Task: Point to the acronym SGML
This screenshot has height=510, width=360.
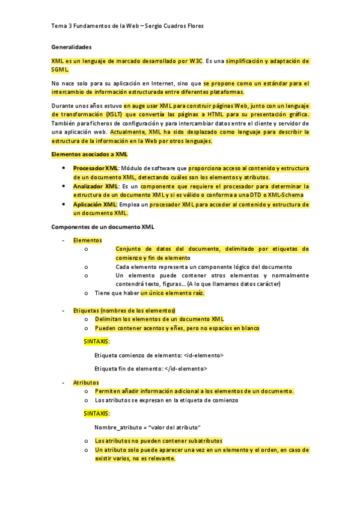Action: pos(60,70)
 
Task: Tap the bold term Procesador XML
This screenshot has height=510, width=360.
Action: pos(95,168)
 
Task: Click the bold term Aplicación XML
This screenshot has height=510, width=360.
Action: pos(95,204)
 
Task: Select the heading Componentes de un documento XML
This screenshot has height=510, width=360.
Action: pos(103,227)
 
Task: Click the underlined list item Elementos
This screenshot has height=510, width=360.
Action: pos(87,240)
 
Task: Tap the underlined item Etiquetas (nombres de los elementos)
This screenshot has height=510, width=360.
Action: pos(124,310)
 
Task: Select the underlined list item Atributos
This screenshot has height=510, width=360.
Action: pos(86,382)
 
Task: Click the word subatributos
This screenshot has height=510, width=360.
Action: pos(200,441)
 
